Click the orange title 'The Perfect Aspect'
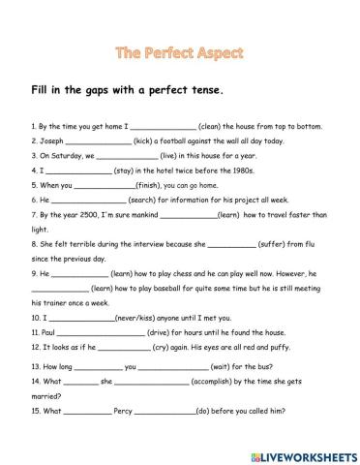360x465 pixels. coord(179,48)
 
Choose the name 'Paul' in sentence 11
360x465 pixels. coord(49,332)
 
